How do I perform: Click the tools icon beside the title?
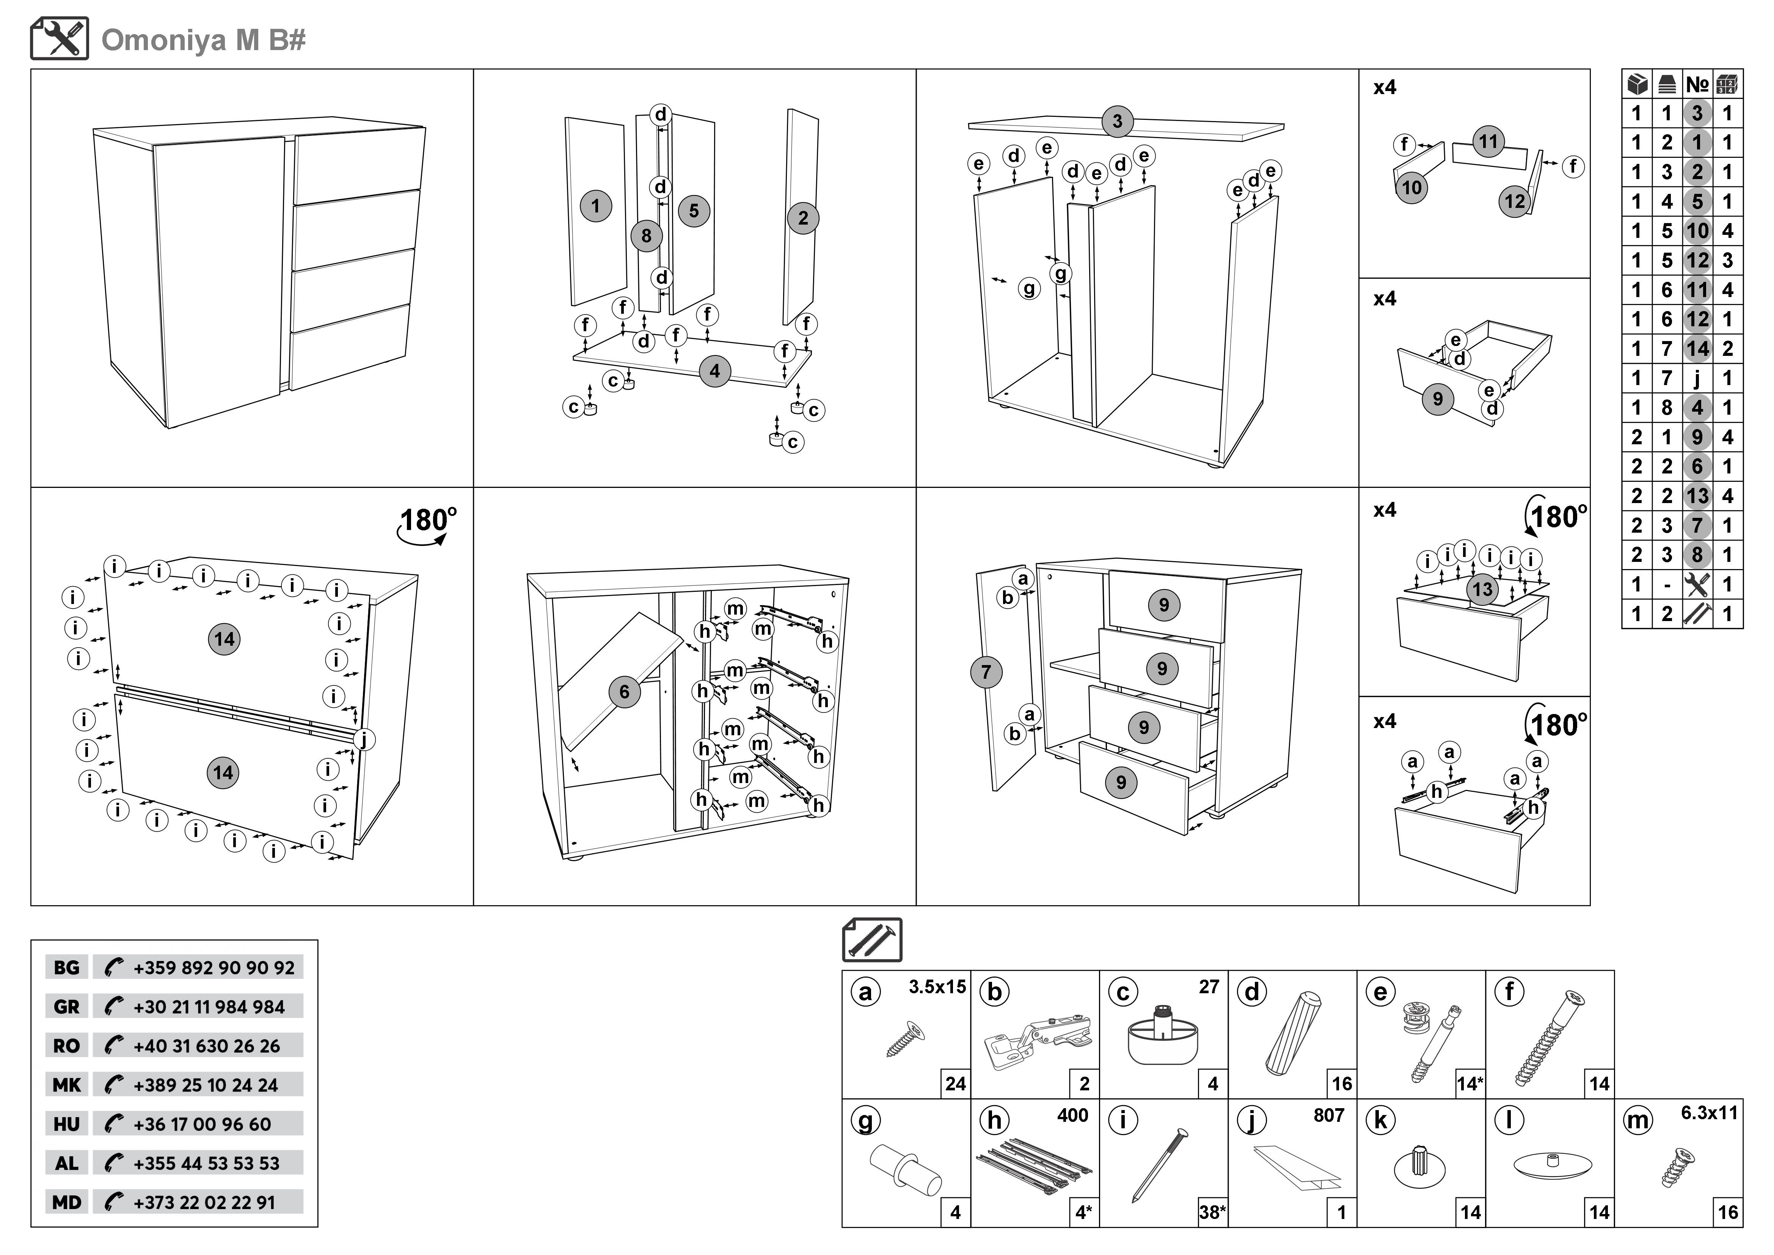(60, 39)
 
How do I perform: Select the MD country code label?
(66, 1202)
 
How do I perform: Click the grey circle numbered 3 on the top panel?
(1117, 121)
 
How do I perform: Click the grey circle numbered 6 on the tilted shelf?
(624, 692)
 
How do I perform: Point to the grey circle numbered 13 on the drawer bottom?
(1482, 590)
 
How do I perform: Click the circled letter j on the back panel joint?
(364, 739)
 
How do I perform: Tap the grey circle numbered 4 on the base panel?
(715, 372)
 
